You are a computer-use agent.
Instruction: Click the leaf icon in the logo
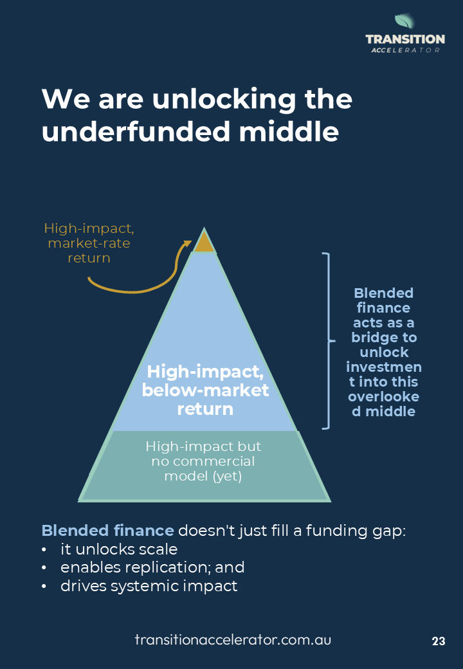[x=404, y=23]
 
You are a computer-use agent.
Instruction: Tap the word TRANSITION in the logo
[x=405, y=40]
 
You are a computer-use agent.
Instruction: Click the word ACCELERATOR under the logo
[x=405, y=50]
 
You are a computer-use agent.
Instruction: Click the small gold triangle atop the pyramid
[x=204, y=243]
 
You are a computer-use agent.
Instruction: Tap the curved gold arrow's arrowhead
[x=188, y=244]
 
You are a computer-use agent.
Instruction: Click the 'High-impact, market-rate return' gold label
[x=89, y=243]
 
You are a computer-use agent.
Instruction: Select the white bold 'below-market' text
[x=206, y=390]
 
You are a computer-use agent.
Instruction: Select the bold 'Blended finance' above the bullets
[x=107, y=531]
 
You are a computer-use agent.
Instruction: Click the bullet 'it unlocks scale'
[x=119, y=549]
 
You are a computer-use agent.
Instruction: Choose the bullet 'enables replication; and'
[x=152, y=567]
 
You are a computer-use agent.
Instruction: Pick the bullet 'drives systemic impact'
[x=149, y=586]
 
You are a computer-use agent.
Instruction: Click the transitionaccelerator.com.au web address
[x=233, y=640]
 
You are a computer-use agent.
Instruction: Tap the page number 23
[x=439, y=641]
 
